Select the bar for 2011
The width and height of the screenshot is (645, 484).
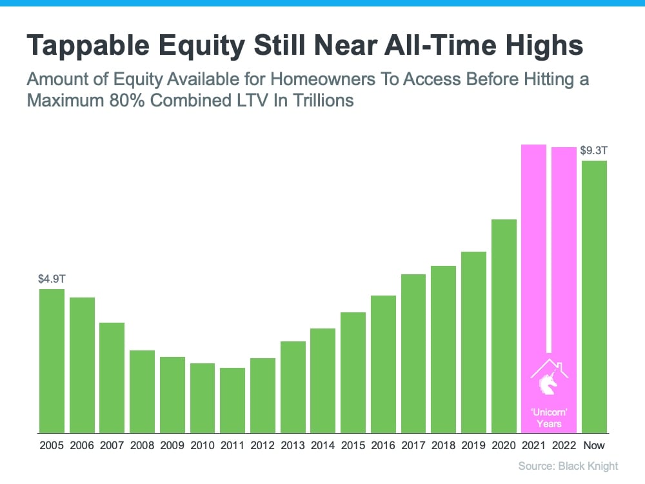[x=233, y=400]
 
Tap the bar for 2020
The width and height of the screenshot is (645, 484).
[x=504, y=326]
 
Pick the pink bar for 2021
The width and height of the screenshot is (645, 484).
[x=534, y=258]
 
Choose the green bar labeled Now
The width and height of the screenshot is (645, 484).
[x=595, y=296]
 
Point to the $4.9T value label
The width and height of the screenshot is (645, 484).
[x=52, y=279]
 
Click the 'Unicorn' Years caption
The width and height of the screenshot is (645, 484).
[x=549, y=418]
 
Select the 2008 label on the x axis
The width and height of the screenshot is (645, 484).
[x=142, y=446]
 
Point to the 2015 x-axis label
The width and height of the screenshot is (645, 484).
[x=353, y=446]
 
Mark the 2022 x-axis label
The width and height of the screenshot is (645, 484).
[x=564, y=446]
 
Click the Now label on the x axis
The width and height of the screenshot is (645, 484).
[x=595, y=446]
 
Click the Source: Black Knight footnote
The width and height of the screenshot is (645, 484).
[x=568, y=466]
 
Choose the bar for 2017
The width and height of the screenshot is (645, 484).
[x=413, y=353]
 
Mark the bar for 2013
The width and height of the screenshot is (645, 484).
[x=293, y=387]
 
